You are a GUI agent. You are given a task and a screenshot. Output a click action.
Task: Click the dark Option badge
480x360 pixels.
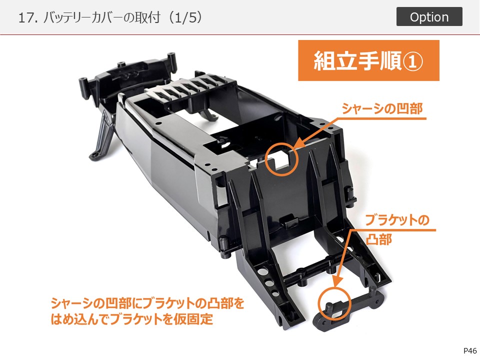429,16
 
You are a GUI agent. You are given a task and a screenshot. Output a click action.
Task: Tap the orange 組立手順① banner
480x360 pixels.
368,60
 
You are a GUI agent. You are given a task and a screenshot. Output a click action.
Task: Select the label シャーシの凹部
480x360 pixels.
382,108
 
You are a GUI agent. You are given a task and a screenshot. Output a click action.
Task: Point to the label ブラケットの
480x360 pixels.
397,220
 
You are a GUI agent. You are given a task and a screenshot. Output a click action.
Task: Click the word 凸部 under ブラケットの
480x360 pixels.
379,239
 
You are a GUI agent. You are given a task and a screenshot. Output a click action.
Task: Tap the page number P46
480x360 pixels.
470,351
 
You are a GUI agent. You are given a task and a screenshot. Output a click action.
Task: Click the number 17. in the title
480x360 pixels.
28,18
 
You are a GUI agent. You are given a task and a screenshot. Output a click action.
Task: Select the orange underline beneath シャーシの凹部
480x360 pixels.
381,118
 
